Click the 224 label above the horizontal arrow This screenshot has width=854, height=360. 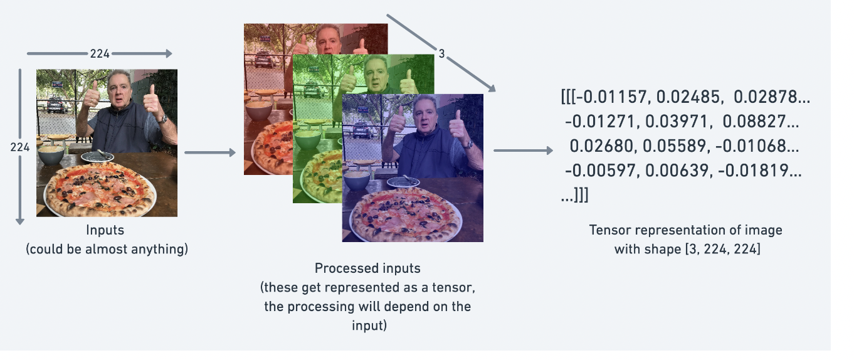pos(100,54)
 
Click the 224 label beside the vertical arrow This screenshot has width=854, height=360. pos(20,147)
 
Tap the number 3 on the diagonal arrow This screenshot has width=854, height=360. pos(441,54)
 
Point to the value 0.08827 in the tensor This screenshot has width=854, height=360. pos(754,122)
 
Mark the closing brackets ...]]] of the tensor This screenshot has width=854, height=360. pos(574,195)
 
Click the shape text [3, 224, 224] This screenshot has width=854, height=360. pos(723,249)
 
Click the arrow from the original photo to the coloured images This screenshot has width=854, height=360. pos(210,152)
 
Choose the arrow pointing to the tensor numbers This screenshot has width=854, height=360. pos(524,151)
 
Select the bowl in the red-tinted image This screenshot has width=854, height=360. pos(259,110)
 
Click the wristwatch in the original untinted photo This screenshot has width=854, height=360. pos(163,119)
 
